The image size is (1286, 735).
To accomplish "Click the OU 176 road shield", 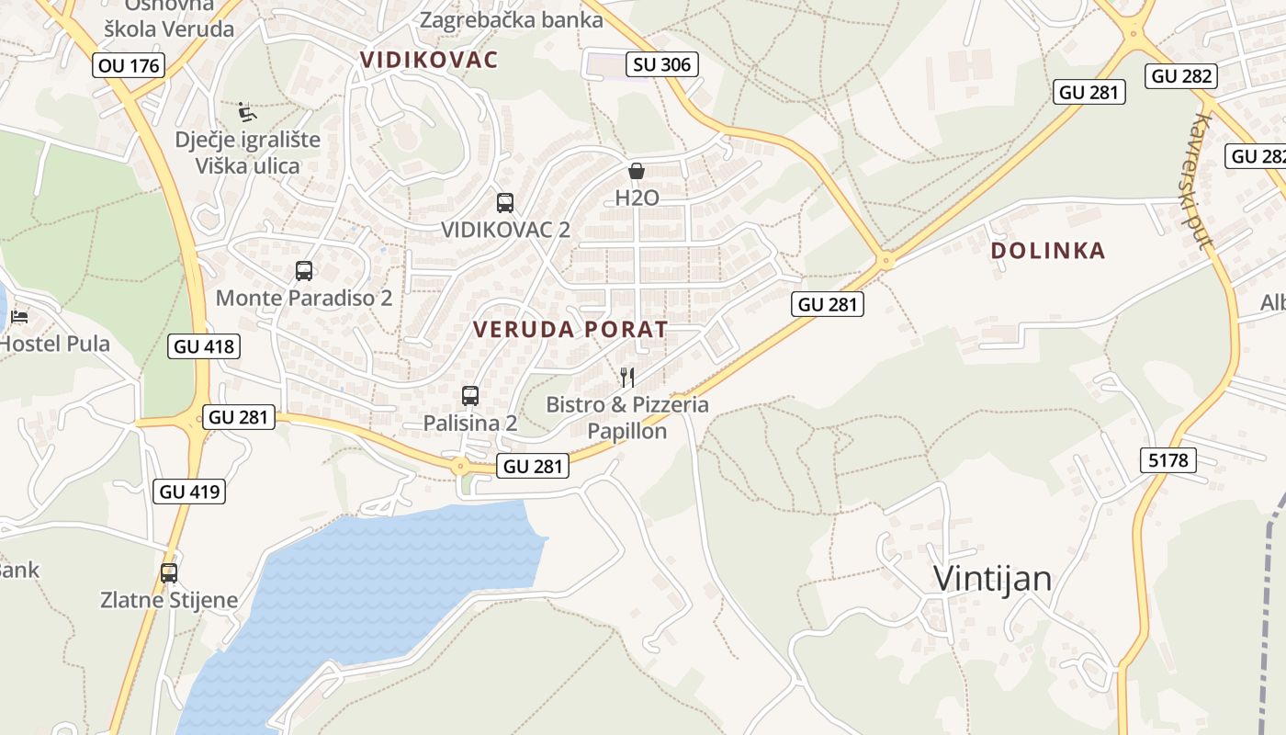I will tap(129, 65).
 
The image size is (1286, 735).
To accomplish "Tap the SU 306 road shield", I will tap(661, 64).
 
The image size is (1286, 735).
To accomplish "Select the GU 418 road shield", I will tap(204, 346).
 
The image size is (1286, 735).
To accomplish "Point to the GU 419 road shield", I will tap(190, 492).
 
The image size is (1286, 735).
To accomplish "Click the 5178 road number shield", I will tap(1168, 460).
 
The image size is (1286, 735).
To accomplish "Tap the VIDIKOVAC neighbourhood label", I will tap(429, 61).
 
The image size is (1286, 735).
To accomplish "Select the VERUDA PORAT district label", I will tap(570, 330).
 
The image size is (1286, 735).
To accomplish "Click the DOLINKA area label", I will tap(1047, 251).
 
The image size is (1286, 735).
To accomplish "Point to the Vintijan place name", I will tap(992, 579).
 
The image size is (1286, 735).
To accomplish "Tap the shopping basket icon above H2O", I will tap(636, 171).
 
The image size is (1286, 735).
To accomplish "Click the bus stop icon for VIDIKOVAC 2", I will tap(504, 203).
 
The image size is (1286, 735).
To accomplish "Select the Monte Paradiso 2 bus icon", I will tap(304, 271).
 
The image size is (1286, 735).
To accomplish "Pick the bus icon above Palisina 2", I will tap(470, 396).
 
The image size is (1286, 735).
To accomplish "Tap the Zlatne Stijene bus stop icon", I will tap(169, 573).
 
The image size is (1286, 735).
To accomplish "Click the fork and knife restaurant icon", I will tap(627, 377).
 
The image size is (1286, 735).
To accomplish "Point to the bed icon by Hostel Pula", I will tap(19, 317).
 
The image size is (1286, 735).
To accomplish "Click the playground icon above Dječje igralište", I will tap(247, 111).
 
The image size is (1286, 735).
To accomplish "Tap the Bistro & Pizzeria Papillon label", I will tap(627, 417).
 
